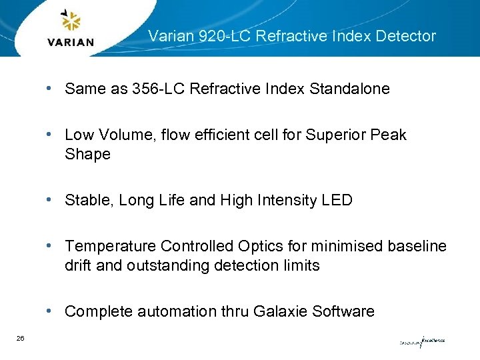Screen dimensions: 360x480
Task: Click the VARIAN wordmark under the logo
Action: [x=71, y=42]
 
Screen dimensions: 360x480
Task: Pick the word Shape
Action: [x=87, y=155]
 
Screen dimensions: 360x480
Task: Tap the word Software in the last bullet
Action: [x=344, y=312]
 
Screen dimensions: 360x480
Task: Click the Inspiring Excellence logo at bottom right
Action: [x=421, y=341]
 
